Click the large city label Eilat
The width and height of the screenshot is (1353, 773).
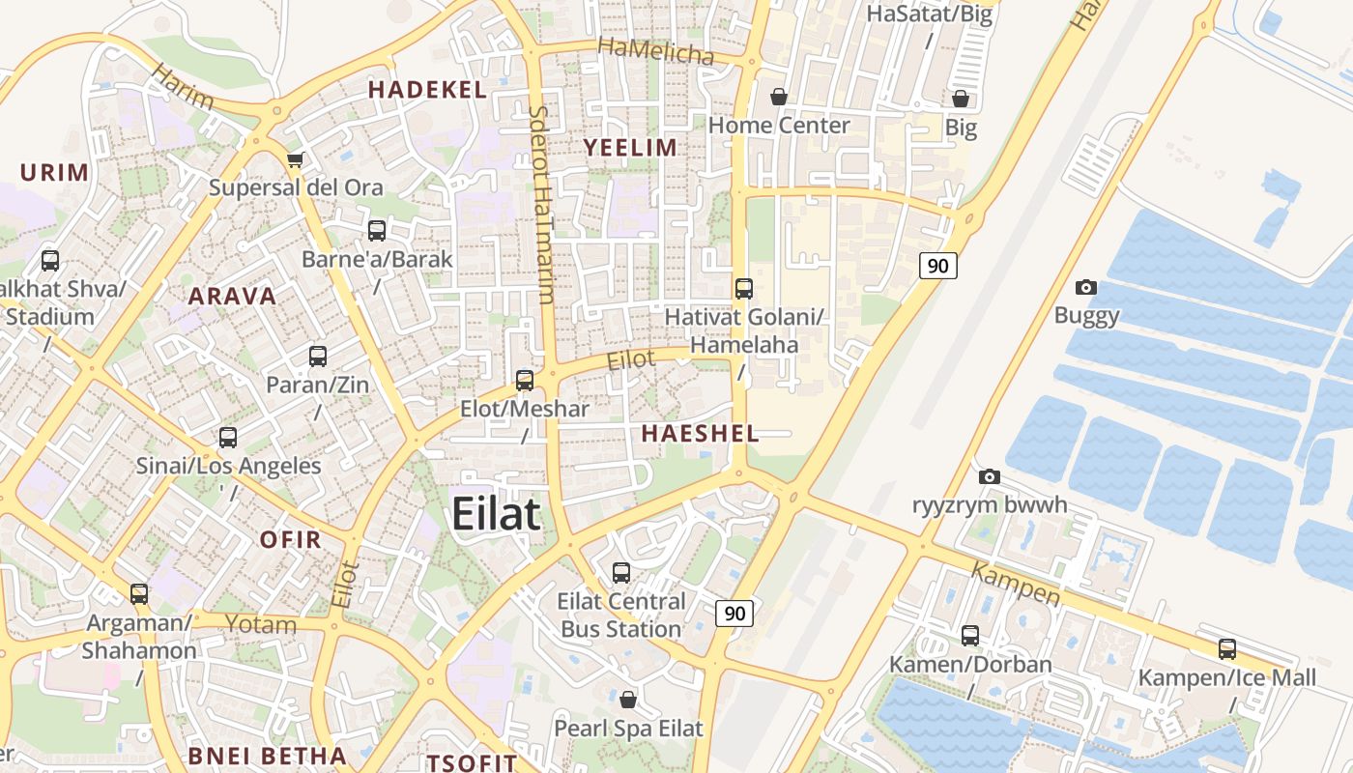pyautogui.click(x=496, y=513)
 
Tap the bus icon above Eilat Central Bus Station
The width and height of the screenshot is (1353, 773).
pyautogui.click(x=621, y=573)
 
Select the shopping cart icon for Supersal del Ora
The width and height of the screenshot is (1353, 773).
pyautogui.click(x=295, y=159)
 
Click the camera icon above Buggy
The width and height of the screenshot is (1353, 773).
pyautogui.click(x=1086, y=287)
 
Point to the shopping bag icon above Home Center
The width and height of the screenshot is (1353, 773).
pyautogui.click(x=778, y=97)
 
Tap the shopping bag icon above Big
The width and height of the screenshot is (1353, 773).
pyautogui.click(x=961, y=99)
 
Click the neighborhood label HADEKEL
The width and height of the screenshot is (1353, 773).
pyautogui.click(x=427, y=90)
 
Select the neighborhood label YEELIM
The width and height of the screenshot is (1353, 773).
pyautogui.click(x=630, y=147)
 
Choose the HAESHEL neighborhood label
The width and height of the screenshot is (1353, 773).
pyautogui.click(x=700, y=434)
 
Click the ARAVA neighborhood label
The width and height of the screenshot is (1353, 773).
pyautogui.click(x=232, y=296)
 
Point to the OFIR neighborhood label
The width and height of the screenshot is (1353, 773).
pyautogui.click(x=290, y=539)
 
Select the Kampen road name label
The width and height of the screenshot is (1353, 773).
pyautogui.click(x=1015, y=585)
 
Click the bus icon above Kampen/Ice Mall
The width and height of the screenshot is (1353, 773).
pyautogui.click(x=1227, y=649)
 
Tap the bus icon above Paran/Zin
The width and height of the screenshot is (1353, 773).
pyautogui.click(x=318, y=357)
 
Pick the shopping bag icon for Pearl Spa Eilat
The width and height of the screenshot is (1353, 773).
pyautogui.click(x=628, y=699)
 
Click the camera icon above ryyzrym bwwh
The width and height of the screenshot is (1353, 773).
pyautogui.click(x=989, y=476)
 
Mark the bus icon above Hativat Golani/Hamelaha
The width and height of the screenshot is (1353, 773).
pyautogui.click(x=744, y=288)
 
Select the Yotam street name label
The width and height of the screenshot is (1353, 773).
pyautogui.click(x=261, y=624)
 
